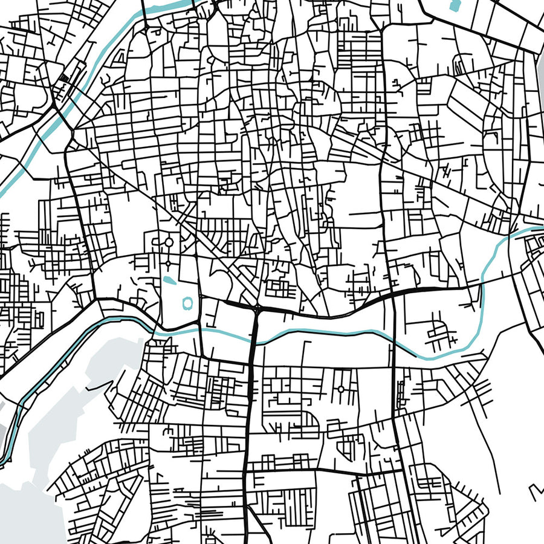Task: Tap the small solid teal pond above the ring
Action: [169, 280]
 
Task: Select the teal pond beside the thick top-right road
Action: [455, 6]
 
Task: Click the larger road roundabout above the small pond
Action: [169, 242]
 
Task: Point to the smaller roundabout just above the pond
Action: [168, 264]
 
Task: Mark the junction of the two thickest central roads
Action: [258, 309]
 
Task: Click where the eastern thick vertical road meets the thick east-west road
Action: [393, 293]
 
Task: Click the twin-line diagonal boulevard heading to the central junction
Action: [224, 266]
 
